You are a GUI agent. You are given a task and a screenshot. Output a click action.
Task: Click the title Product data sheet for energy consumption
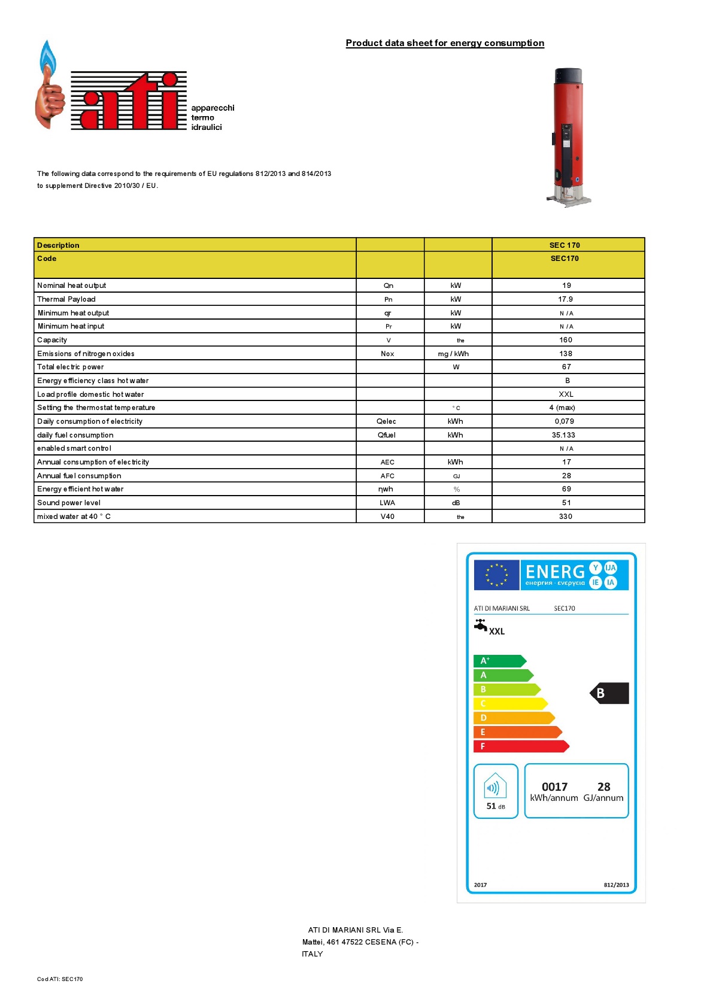(445, 43)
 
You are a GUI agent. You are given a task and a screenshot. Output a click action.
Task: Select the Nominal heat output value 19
(566, 286)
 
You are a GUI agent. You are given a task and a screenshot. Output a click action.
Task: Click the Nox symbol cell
(387, 354)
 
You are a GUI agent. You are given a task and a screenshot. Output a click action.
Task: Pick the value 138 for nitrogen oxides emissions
(566, 354)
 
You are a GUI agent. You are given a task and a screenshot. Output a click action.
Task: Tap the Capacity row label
(52, 340)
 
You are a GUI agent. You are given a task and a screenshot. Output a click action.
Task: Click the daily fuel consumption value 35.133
(563, 435)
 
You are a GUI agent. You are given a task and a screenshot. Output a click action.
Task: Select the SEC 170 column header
(565, 245)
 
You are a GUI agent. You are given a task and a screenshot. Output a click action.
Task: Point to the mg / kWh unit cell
(453, 354)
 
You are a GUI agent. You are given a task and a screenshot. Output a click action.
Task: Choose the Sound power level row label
(69, 503)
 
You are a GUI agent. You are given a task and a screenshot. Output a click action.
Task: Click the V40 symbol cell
(387, 517)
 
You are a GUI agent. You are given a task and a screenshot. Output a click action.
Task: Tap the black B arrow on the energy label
(609, 693)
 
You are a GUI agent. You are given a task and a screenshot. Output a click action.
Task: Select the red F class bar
(520, 746)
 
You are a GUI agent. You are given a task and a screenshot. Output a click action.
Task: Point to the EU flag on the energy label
(496, 575)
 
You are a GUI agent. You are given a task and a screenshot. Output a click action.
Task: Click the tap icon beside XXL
(481, 626)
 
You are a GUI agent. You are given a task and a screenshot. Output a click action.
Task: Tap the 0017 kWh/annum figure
(554, 787)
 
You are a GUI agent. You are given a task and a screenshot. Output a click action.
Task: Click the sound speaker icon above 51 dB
(495, 786)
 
